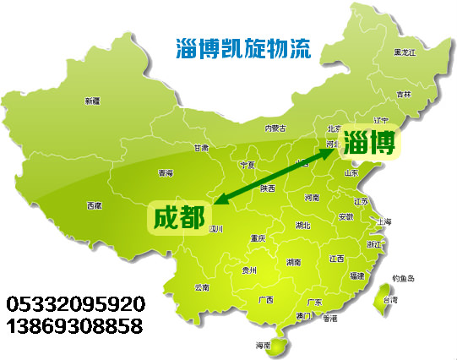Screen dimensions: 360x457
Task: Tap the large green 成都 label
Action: pos(178,216)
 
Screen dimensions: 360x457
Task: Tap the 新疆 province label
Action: pos(92,101)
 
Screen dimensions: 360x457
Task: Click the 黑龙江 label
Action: pos(405,53)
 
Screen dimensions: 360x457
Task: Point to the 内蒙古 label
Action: pos(275,128)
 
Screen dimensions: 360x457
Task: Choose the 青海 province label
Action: pos(165,173)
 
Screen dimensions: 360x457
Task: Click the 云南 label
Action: pos(201,287)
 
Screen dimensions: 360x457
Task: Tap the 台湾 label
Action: pos(390,299)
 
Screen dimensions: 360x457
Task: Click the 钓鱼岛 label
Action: pos(404,279)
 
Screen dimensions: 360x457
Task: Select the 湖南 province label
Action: pos(293,262)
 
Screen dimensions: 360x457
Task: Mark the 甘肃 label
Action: pos(200,147)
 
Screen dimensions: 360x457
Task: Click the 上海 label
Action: pos(384,221)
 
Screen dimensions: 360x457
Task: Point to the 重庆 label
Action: pos(258,239)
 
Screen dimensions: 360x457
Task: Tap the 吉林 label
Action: pos(404,94)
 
